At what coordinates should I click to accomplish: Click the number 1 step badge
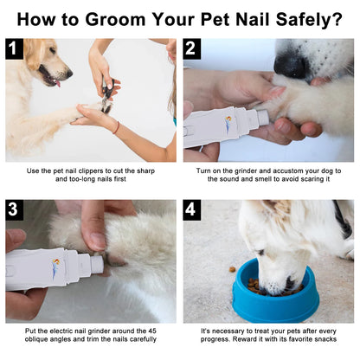point(15,49)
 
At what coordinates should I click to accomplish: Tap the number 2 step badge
point(192,49)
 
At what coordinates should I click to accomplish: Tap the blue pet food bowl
point(275,294)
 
